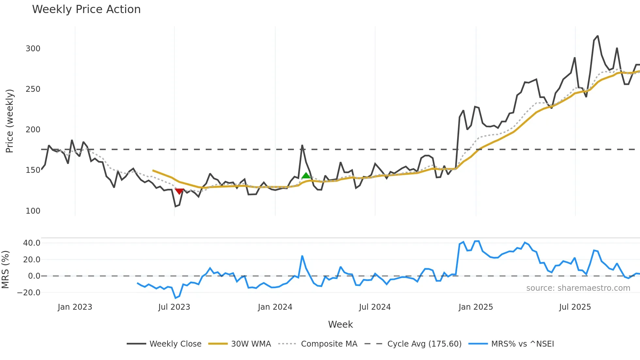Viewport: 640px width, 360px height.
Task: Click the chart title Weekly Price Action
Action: [86, 9]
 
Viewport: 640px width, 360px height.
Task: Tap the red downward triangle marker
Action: [179, 191]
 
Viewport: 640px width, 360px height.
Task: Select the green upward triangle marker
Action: [306, 176]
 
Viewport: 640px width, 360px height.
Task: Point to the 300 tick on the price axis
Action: [33, 49]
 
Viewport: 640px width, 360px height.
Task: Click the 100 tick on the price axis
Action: [33, 211]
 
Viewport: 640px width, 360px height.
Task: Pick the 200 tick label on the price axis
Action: [33, 130]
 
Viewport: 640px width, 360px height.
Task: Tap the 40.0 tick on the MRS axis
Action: [32, 243]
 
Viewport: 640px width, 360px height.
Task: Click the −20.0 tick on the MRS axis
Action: [29, 293]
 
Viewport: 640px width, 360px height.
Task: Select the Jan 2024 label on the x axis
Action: [275, 307]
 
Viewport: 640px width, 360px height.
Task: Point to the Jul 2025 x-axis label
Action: [575, 307]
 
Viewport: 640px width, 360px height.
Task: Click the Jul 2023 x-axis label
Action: [174, 307]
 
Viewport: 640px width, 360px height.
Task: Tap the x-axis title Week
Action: [340, 324]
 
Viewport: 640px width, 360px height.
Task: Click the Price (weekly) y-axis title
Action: [10, 121]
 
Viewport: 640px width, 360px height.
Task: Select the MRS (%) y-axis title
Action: [6, 270]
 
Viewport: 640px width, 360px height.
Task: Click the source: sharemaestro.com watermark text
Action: [578, 288]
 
